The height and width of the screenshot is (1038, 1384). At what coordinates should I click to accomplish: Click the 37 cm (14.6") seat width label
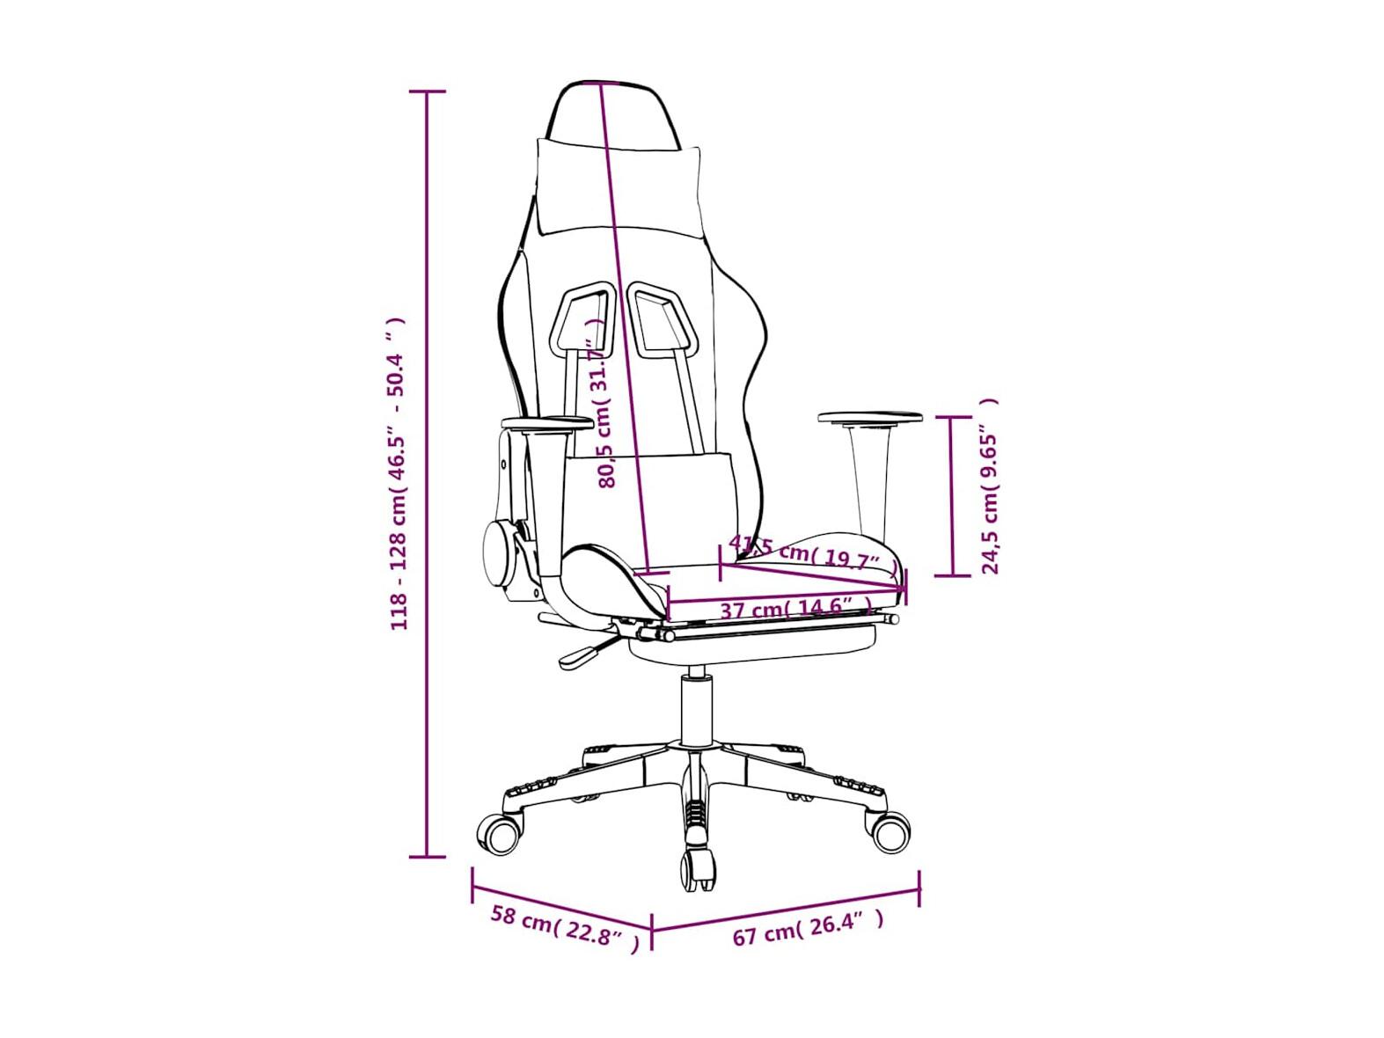pos(795,609)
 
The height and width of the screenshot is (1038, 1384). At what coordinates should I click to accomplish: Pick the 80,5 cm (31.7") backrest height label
pos(604,404)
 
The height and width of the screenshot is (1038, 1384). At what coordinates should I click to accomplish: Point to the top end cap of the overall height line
pos(428,92)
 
